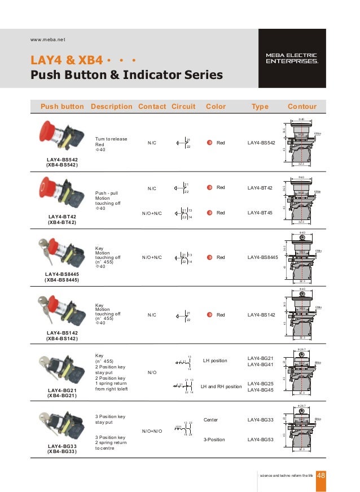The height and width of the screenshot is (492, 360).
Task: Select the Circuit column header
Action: pos(183,106)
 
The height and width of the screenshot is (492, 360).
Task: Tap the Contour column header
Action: pos(302,106)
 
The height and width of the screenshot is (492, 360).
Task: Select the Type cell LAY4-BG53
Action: pos(261,438)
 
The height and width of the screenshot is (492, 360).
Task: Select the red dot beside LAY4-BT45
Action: pos(209,213)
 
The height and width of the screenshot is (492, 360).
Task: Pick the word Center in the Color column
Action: pos(210,420)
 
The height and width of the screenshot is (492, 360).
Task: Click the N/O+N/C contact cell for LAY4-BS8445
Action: pos(152,257)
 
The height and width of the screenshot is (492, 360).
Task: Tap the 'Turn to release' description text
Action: pos(111,139)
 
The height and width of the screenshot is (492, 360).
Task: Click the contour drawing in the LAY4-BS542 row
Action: pos(302,143)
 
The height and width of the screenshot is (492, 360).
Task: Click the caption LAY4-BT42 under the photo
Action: pos(62,217)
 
